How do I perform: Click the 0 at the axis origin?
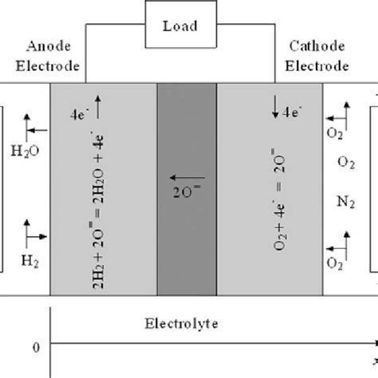[33, 347]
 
